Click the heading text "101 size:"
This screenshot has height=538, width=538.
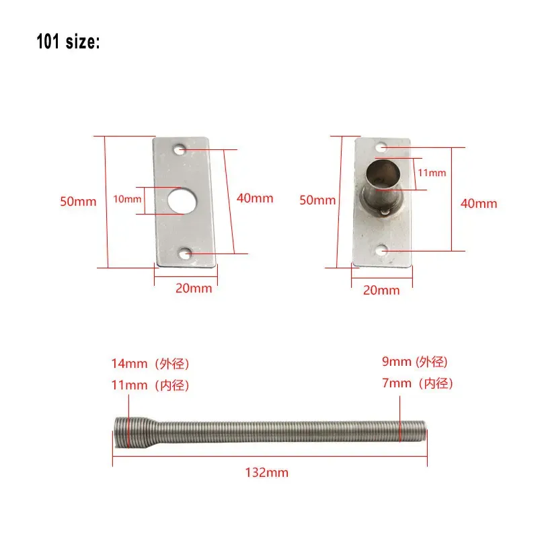click(68, 42)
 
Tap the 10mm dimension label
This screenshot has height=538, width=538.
click(127, 199)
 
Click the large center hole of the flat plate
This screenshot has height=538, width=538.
click(182, 201)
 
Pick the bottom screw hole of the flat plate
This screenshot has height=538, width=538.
click(186, 254)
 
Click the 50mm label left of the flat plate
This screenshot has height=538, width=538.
click(78, 201)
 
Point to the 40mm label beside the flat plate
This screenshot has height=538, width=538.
click(255, 198)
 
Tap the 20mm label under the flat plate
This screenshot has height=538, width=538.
click(194, 289)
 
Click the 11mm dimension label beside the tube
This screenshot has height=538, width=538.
click(432, 173)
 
